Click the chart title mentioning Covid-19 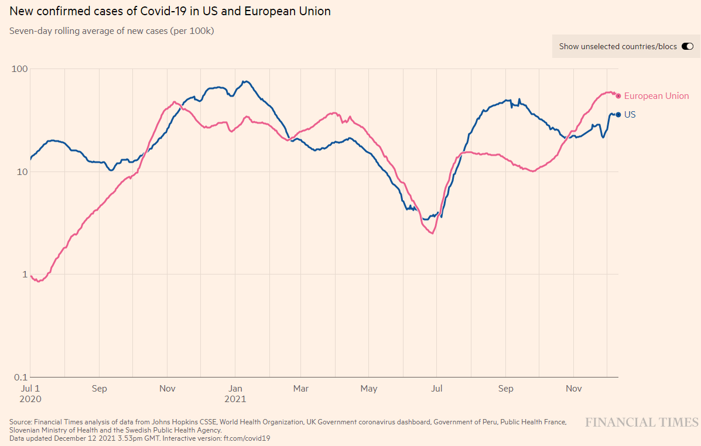coord(170,11)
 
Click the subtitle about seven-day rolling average coord(111,30)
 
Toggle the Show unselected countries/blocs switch coord(687,46)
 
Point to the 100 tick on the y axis coord(20,69)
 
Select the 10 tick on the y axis coord(23,171)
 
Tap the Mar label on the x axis coord(300,389)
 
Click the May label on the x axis coord(368,389)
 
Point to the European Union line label coord(656,96)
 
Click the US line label coord(630,115)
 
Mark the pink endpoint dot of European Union coord(618,96)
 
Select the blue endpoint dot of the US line coord(618,115)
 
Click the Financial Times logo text coord(642,423)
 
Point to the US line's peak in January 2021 coord(246,81)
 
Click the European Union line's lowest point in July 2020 coord(39,282)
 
